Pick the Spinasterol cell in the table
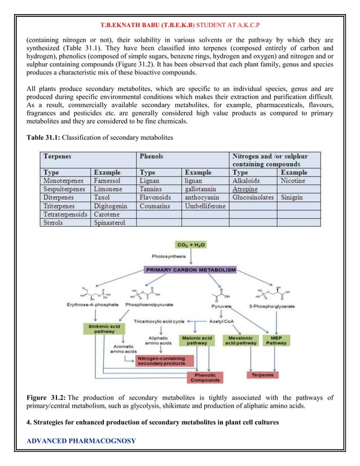(111, 224)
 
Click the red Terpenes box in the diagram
(263, 374)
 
